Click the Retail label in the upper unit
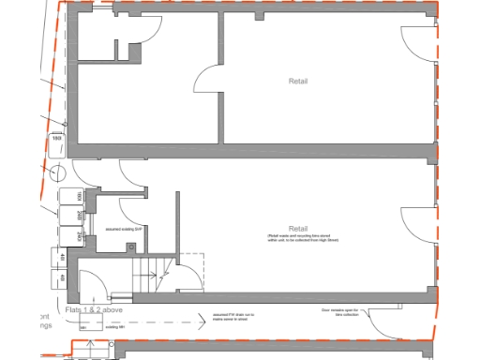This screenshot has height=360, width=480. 298,82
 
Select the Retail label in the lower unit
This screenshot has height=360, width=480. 298,230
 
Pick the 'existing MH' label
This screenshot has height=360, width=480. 114,328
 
